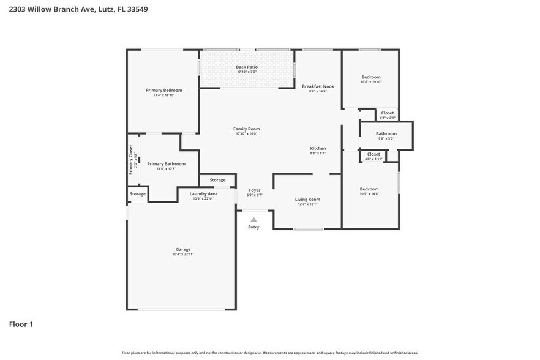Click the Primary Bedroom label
163,90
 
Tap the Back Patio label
247,67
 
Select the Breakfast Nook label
318,86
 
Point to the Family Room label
247,129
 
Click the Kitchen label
318,148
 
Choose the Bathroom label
386,133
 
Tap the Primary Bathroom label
166,163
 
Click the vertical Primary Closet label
130,159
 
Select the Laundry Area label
203,193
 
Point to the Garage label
183,249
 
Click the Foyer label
254,190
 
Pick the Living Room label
307,199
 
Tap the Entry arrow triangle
253,219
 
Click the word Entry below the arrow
253,227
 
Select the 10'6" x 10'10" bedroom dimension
371,82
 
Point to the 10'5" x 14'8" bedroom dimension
369,193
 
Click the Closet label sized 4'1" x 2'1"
388,113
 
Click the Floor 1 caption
21,324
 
